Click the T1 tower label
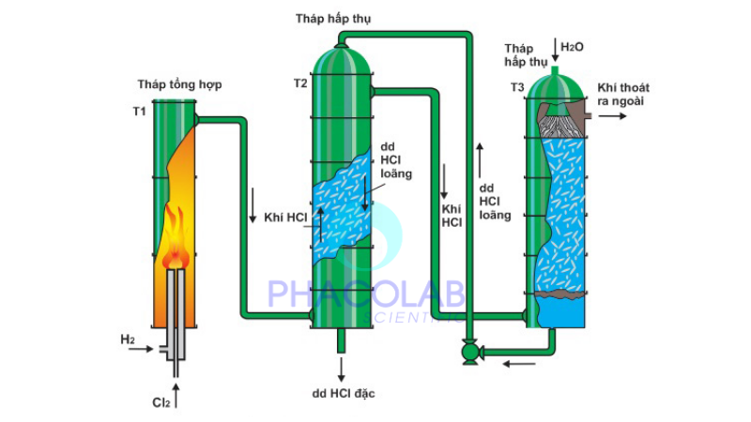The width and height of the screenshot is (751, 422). point(139,112)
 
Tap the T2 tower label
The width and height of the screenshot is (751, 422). point(300,83)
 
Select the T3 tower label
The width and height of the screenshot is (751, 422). point(517,87)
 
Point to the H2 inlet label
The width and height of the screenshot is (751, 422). point(129,338)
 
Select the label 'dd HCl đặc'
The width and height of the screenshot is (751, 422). point(344,393)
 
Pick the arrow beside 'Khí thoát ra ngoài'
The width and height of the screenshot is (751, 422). point(616,116)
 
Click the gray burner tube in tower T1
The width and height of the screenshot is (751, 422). point(176,309)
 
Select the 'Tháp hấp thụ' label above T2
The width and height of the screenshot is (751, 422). point(330,18)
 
